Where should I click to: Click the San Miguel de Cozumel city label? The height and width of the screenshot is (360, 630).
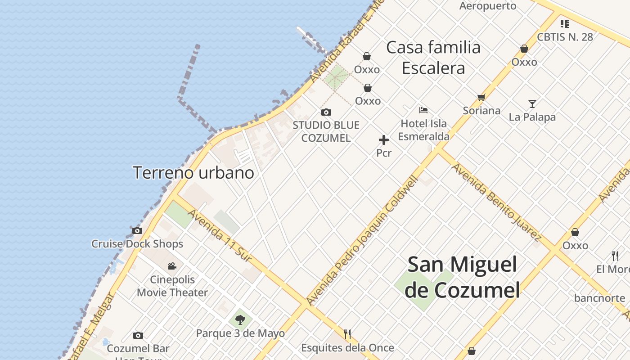(462, 277)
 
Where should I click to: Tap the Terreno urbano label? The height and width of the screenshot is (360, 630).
(193, 173)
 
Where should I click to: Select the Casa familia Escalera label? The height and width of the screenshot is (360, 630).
(433, 58)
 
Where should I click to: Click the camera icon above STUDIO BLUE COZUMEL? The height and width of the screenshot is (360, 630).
(326, 112)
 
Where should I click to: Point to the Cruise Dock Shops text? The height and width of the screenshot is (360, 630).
(137, 244)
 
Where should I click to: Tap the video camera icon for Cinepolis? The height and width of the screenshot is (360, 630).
(172, 266)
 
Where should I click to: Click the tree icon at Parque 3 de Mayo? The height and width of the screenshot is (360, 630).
(240, 320)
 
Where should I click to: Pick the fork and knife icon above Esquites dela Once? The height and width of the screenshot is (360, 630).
(347, 334)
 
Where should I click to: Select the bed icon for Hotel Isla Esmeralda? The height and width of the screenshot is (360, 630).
(423, 110)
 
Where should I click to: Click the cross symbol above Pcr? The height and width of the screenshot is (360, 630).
(384, 140)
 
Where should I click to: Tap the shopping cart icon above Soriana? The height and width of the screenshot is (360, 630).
(481, 97)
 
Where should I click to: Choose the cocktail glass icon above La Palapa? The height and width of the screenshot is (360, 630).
(532, 104)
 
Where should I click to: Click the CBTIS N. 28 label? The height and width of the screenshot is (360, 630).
(565, 37)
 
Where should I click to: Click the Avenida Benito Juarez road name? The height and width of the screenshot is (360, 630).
(496, 202)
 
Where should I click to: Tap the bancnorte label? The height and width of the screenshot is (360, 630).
(599, 298)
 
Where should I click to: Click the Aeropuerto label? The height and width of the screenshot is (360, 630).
(488, 6)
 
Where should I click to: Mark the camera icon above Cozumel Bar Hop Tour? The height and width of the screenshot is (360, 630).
(138, 335)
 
